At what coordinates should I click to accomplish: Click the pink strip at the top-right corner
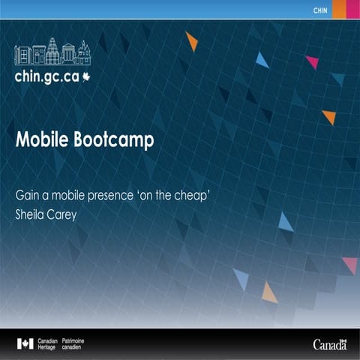[x=355, y=8]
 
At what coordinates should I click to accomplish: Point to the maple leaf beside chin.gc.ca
[x=86, y=76]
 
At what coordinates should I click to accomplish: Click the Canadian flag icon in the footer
[x=25, y=343]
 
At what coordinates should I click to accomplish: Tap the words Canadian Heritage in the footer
[x=47, y=343]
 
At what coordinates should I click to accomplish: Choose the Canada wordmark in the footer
[x=329, y=345]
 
